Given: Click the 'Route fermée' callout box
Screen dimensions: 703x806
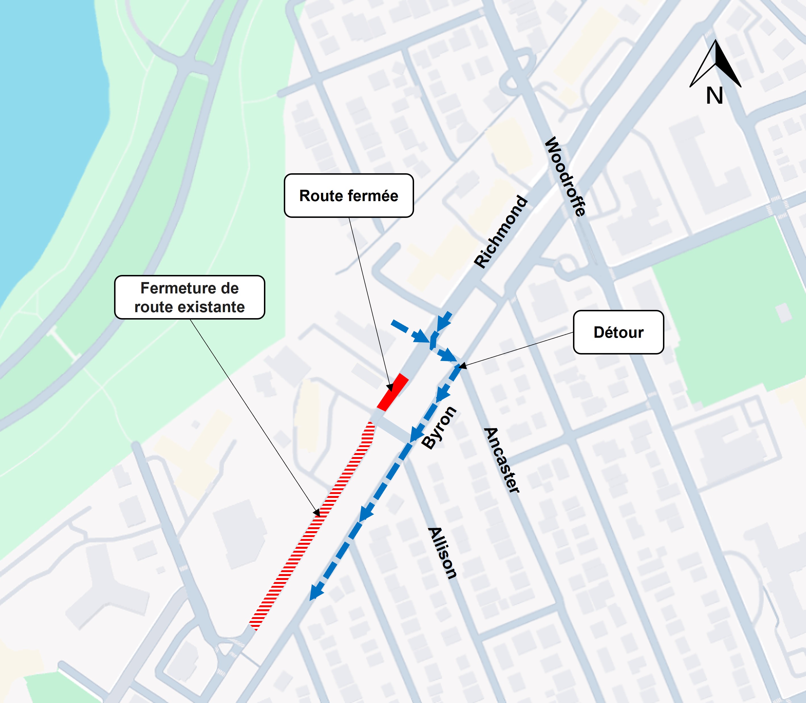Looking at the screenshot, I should click(349, 195).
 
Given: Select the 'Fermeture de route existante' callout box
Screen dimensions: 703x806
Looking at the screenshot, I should click(189, 297).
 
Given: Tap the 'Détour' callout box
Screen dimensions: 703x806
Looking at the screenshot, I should click(618, 332).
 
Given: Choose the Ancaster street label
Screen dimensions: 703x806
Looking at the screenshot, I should click(502, 460).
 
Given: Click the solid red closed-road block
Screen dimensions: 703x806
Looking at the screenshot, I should click(393, 392).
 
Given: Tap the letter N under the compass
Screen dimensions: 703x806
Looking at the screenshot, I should click(714, 96).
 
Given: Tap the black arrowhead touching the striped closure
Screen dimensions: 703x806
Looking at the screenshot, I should click(317, 512).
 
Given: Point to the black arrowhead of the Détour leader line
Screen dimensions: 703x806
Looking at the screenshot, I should click(463, 366).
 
